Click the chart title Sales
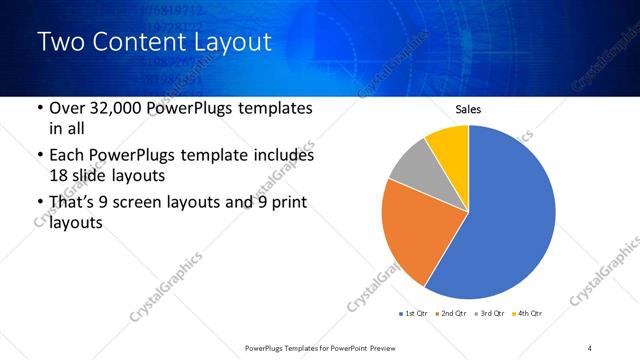click(469, 107)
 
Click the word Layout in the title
click(229, 43)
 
